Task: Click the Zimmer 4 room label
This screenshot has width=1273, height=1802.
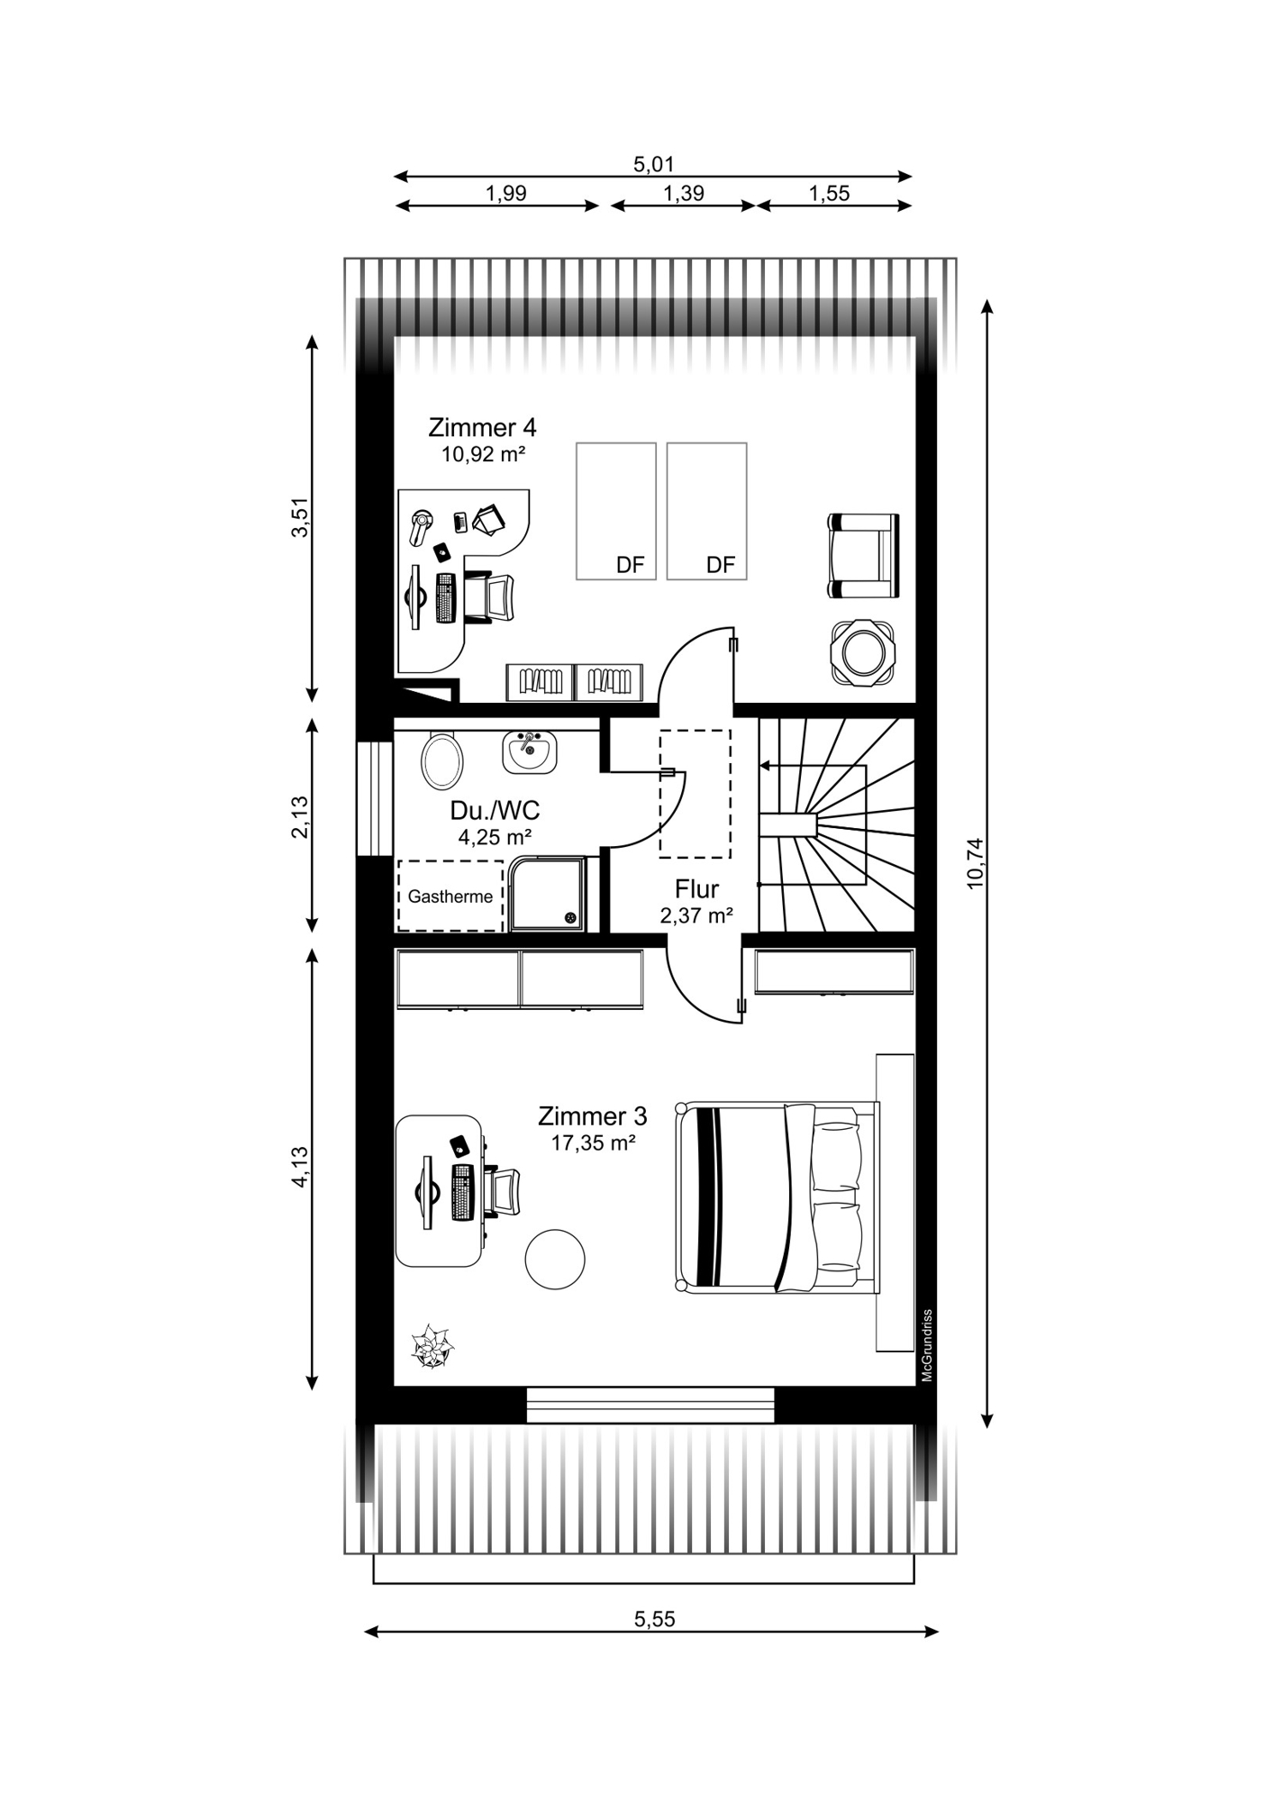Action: [x=482, y=427]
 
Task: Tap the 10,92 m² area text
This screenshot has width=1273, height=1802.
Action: [x=482, y=455]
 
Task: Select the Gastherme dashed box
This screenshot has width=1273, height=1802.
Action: [x=450, y=896]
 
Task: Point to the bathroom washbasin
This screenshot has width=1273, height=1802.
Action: [x=530, y=752]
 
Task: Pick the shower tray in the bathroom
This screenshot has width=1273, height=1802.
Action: [x=547, y=894]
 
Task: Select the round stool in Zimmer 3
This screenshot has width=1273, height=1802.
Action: [x=555, y=1259]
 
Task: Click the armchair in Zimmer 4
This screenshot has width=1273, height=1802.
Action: [x=863, y=556]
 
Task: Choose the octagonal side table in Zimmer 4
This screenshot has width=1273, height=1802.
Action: [x=864, y=653]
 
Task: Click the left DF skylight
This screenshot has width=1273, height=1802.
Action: [x=616, y=511]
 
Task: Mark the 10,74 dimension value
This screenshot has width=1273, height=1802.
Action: [x=975, y=864]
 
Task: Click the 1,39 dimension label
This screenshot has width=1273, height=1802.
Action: [x=684, y=193]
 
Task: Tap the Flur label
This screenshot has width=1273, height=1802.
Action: [x=696, y=889]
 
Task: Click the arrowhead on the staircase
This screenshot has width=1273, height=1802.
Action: [x=765, y=766]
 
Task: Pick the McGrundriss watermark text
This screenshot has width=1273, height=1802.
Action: [x=926, y=1345]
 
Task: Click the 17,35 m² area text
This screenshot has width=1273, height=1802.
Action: [x=594, y=1143]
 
